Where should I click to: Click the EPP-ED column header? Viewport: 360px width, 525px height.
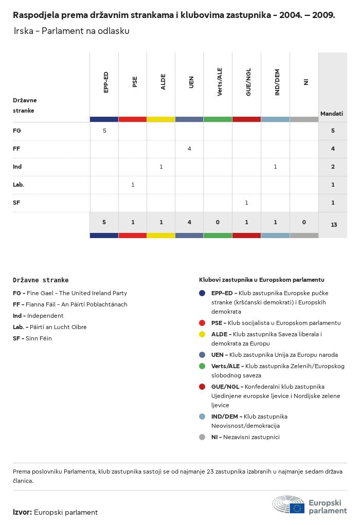click(105, 82)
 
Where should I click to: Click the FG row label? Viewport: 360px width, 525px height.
click(17, 131)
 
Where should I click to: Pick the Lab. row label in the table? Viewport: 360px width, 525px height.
click(19, 185)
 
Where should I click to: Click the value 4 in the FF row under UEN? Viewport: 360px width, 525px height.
click(189, 149)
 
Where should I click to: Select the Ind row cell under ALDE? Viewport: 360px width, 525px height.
click(161, 167)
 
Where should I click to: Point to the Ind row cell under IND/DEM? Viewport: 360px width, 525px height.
click(275, 167)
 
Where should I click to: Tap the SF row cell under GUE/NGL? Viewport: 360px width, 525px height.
click(246, 203)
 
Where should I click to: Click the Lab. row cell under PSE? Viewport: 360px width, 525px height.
click(133, 185)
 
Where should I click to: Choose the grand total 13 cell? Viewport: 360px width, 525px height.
click(334, 225)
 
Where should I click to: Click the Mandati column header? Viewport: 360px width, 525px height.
click(332, 114)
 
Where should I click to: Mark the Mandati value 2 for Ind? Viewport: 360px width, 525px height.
click(333, 167)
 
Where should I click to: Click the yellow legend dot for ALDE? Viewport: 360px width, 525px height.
click(202, 334)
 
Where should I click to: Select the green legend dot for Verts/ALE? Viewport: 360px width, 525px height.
click(202, 366)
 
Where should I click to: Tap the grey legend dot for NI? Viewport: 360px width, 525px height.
click(202, 437)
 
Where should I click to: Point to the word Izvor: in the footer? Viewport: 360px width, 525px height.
click(23, 512)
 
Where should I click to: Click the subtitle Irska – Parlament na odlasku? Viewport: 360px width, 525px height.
click(71, 31)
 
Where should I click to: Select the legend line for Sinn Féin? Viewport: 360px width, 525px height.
click(32, 338)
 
